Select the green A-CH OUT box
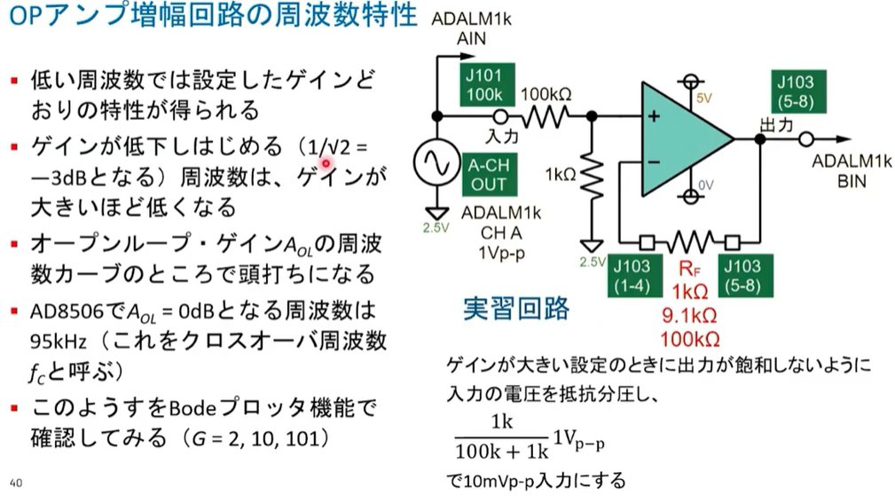[x=489, y=173]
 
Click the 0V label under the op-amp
[x=704, y=185]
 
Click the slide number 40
[x=16, y=483]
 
